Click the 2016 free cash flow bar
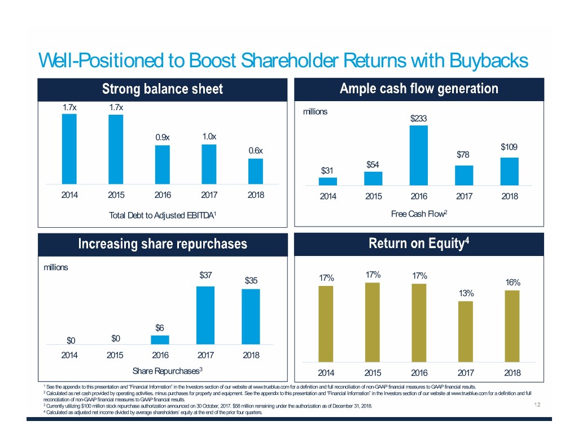click(x=419, y=155)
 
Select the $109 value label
click(x=509, y=147)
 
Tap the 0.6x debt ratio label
click(x=256, y=150)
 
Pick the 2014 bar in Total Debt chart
click(x=69, y=149)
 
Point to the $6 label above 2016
click(x=160, y=328)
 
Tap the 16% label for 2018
click(x=513, y=283)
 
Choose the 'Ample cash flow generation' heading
click(x=419, y=89)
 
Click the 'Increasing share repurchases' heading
click(x=162, y=244)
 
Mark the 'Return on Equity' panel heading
click(x=419, y=244)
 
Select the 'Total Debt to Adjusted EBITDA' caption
click(x=163, y=215)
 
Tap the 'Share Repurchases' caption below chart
click(x=167, y=371)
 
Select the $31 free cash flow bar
click(x=328, y=181)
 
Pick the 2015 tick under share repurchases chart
click(x=116, y=355)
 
